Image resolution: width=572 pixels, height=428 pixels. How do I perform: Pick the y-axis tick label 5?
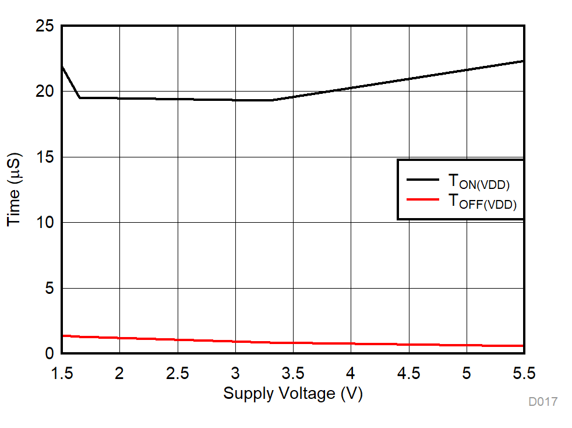click(x=49, y=288)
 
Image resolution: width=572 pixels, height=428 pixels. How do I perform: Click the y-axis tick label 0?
click(x=49, y=353)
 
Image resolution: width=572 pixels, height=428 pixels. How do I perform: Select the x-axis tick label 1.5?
click(x=62, y=372)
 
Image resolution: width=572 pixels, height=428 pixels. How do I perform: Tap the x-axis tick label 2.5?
click(x=178, y=372)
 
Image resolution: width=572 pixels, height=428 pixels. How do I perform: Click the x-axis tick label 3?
click(x=235, y=372)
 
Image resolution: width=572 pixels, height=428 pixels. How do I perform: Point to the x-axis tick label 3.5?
click(x=293, y=372)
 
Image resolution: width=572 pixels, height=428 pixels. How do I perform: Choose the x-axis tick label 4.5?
click(x=408, y=372)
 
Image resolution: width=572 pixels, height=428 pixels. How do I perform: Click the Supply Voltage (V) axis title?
click(x=293, y=394)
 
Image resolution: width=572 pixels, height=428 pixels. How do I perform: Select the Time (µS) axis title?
click(x=14, y=190)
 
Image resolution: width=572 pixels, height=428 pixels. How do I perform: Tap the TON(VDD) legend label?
click(x=479, y=182)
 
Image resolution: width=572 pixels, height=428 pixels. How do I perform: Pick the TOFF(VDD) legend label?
click(x=482, y=202)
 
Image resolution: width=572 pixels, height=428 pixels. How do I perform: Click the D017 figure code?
click(x=543, y=402)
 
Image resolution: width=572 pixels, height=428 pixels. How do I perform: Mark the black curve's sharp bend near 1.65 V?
click(x=80, y=97)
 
